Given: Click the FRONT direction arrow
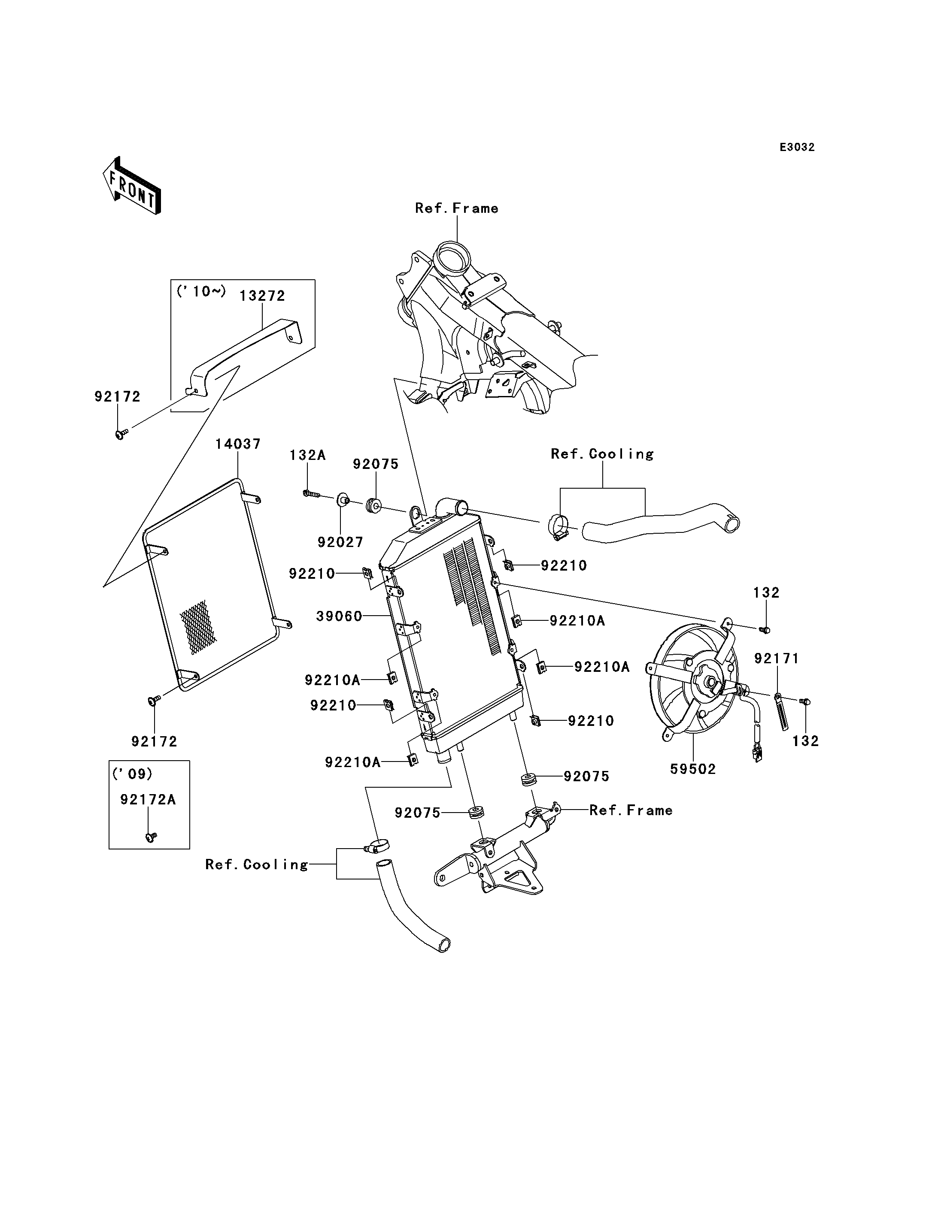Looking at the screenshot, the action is tap(132, 187).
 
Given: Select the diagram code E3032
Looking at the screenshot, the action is tap(797, 147).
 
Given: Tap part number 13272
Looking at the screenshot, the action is tap(262, 296).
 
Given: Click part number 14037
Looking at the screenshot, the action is tap(238, 444).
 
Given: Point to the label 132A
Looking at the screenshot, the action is tap(307, 455).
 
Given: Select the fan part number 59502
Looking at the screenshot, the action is tap(693, 769).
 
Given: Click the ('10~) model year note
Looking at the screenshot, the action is tap(201, 292).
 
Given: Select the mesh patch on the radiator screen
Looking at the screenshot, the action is tap(198, 627).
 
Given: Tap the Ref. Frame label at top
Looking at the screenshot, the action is tap(456, 208).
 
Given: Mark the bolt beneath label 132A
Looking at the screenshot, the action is tap(310, 494).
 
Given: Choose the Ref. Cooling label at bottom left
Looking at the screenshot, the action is tap(257, 864).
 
